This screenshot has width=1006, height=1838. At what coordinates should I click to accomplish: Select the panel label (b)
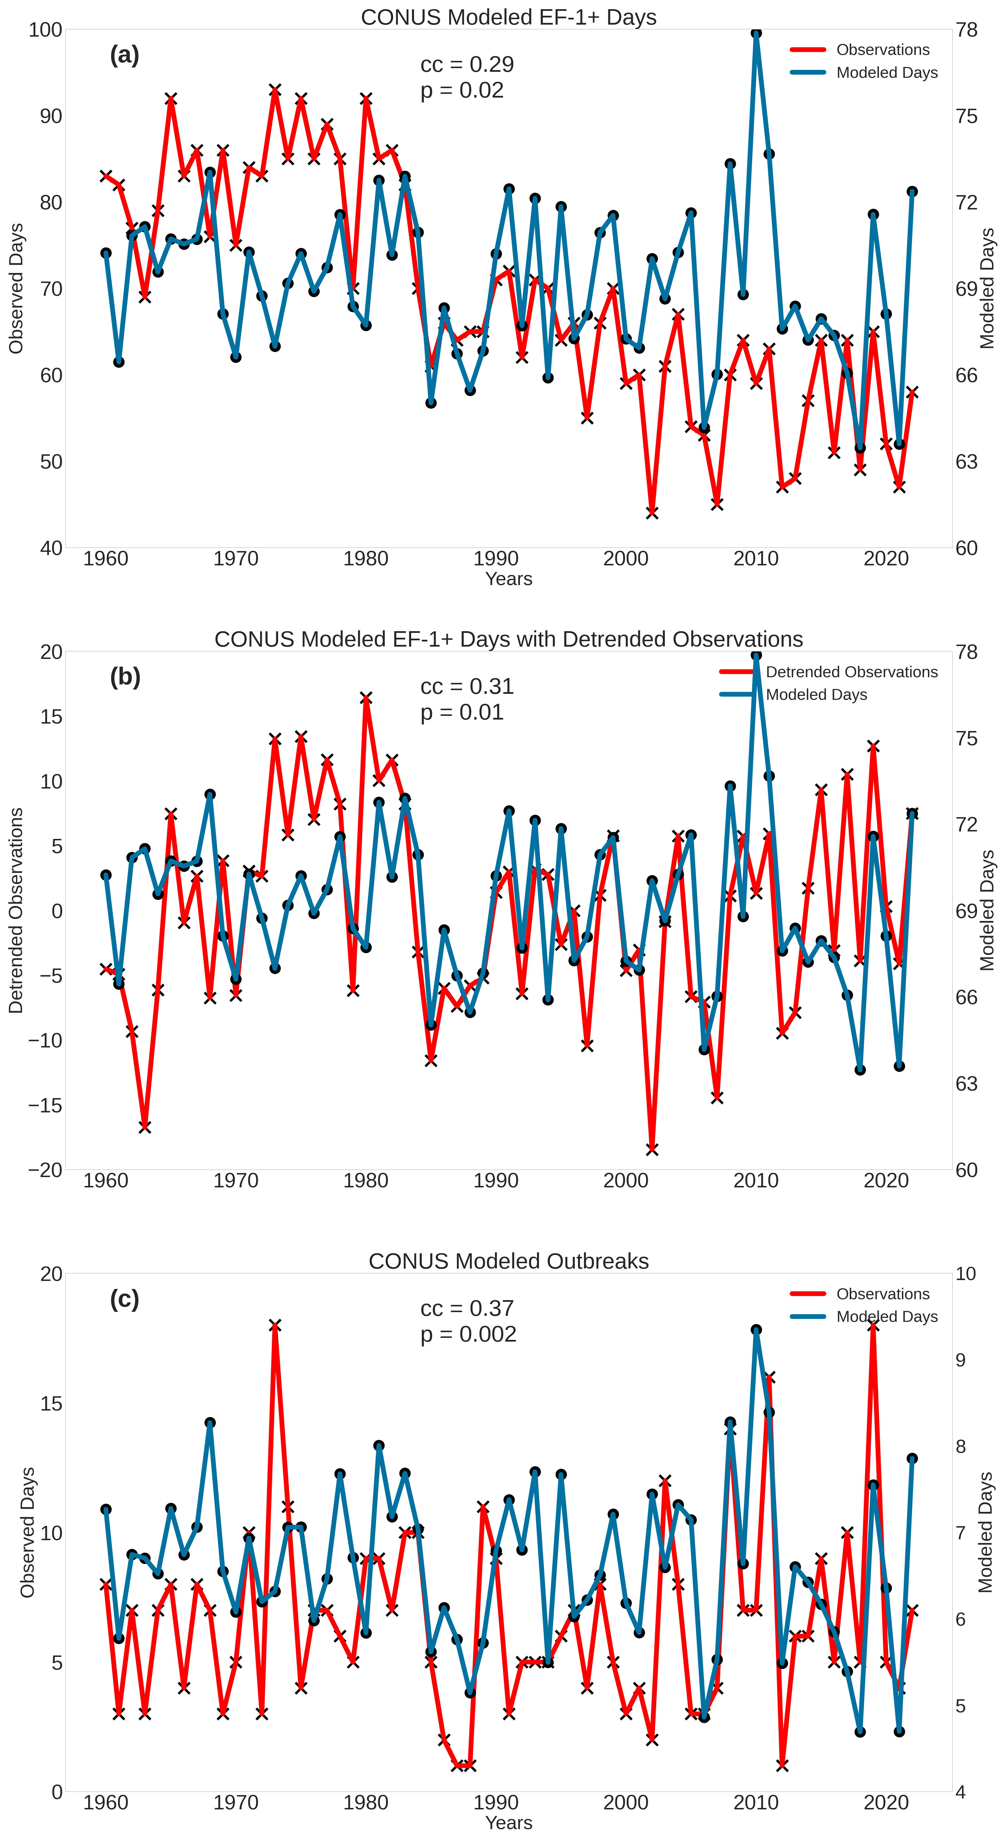[125, 676]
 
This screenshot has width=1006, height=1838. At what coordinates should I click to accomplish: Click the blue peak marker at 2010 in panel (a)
[756, 33]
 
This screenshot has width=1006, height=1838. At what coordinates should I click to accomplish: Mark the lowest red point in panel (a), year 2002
[652, 512]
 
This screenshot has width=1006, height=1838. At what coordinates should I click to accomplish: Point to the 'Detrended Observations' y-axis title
[16, 910]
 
